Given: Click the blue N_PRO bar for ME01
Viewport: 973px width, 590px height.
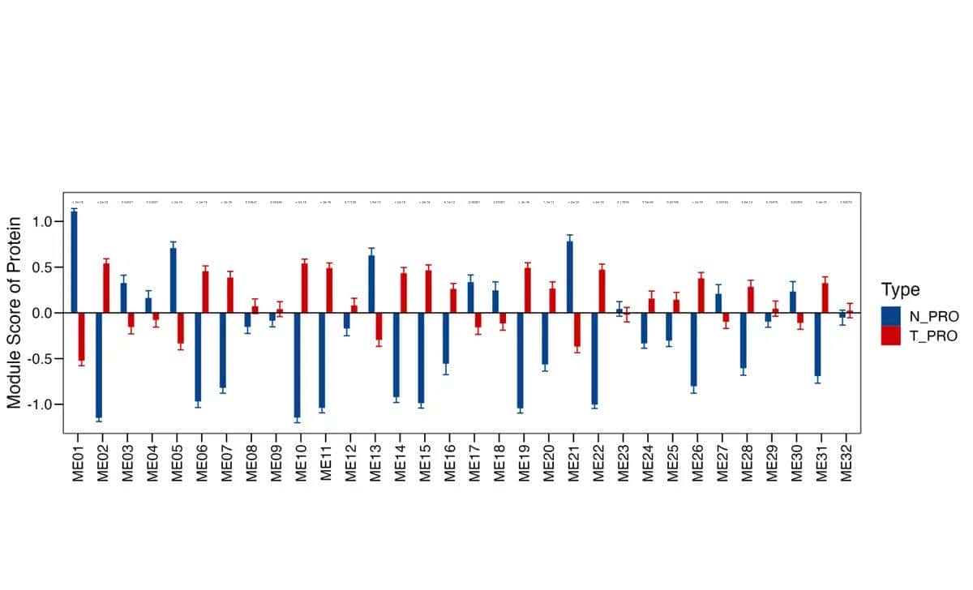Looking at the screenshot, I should click(75, 262).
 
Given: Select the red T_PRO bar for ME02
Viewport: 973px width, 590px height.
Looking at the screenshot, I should click(106, 289).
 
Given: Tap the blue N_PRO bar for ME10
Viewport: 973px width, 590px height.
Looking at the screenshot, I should click(298, 365).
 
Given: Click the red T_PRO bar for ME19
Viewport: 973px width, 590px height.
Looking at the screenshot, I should click(528, 290).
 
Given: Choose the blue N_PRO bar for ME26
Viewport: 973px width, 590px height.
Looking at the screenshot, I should click(694, 349).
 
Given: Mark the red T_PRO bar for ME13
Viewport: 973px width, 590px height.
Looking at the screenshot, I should click(379, 326).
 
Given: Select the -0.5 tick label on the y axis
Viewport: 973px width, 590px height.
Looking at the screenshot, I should click(40, 359).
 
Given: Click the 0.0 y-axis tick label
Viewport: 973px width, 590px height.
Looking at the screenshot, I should click(42, 313).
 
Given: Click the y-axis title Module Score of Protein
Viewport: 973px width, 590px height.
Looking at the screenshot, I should click(15, 312).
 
